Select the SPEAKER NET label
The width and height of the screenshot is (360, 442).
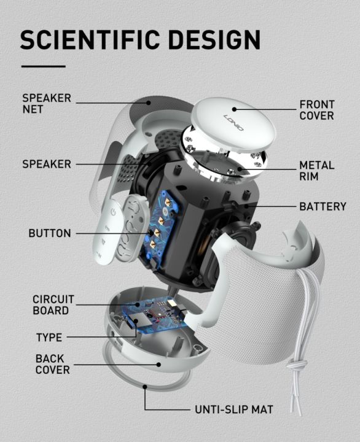point(47,103)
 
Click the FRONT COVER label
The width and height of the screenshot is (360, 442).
point(317,109)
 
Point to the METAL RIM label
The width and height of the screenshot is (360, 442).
point(317,171)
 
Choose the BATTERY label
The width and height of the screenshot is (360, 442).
point(323,206)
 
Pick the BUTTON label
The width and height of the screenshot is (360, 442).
point(50,233)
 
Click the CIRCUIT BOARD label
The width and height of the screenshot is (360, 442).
point(53,304)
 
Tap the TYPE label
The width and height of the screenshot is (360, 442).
point(49,337)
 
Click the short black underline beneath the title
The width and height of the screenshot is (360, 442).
point(43,66)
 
